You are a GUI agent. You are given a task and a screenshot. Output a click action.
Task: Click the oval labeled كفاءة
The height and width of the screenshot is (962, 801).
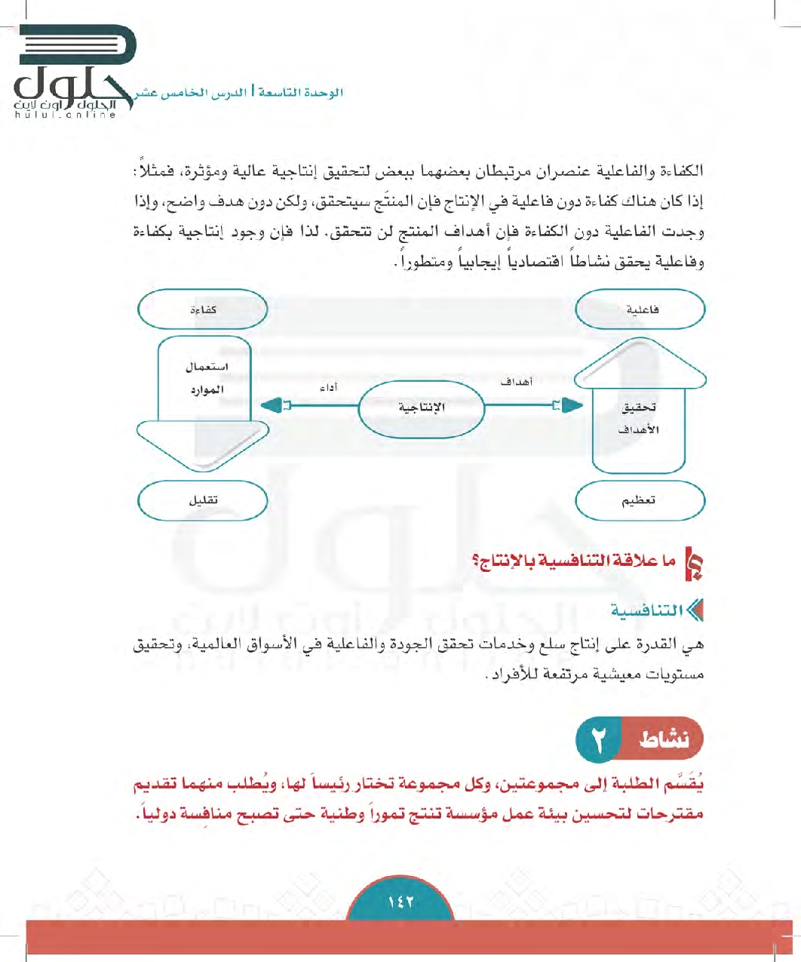(x=203, y=310)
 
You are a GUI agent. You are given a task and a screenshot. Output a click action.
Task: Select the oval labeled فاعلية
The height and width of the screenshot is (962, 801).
(x=640, y=310)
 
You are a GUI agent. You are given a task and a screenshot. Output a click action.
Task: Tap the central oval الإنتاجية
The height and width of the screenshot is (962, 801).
(x=421, y=407)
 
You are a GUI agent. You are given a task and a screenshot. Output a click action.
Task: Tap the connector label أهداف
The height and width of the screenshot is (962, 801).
(x=517, y=383)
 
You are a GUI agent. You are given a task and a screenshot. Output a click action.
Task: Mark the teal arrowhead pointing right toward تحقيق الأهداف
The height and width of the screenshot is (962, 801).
(x=572, y=406)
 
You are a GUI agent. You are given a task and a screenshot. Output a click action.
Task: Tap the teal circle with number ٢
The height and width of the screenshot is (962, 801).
(x=598, y=740)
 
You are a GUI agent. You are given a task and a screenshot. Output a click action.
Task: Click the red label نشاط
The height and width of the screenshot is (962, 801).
(x=663, y=740)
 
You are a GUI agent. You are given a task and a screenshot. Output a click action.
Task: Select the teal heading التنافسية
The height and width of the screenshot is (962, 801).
(x=647, y=610)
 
